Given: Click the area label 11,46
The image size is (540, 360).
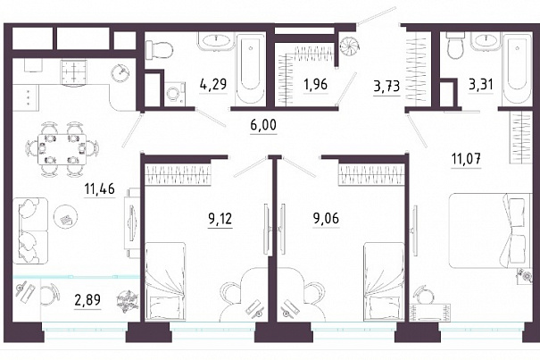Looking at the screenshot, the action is [100, 189].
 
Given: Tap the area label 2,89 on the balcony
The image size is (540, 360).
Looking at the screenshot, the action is [87, 300].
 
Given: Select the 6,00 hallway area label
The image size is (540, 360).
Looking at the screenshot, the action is [263, 125].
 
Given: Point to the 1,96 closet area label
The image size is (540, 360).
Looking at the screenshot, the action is [315, 84].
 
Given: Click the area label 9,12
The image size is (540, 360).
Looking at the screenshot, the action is [220, 218].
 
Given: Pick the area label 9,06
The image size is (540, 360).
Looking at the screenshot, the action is [326, 218].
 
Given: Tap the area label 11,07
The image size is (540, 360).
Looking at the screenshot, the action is [466, 159].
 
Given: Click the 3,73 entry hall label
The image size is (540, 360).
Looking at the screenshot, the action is [386, 87].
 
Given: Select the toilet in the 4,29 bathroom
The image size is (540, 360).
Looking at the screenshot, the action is [158, 50].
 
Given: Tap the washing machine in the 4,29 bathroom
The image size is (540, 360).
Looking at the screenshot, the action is [175, 94].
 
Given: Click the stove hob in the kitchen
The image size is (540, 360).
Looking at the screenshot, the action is [74, 71].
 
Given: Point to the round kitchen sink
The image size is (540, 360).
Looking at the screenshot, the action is [120, 71].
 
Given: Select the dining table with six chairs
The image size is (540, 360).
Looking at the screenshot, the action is [62, 149].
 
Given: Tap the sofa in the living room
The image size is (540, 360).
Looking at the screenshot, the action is [30, 230].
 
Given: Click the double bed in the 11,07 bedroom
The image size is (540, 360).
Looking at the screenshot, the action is [489, 230].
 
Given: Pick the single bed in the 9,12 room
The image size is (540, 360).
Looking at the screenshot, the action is [165, 281].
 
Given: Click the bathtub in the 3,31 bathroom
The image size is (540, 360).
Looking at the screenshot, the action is [517, 68].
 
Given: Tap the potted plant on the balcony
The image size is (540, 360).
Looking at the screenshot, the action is [128, 302].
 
